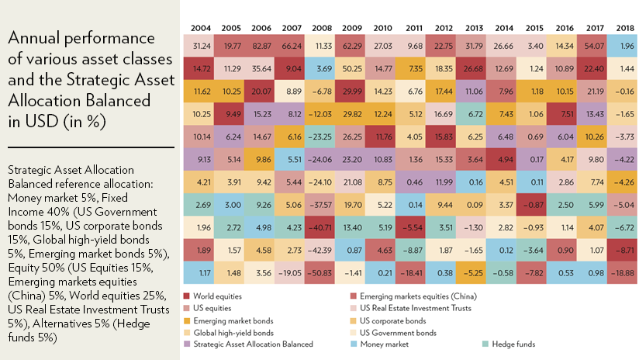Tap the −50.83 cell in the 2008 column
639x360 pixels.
321,272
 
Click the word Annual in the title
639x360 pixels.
29,39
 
